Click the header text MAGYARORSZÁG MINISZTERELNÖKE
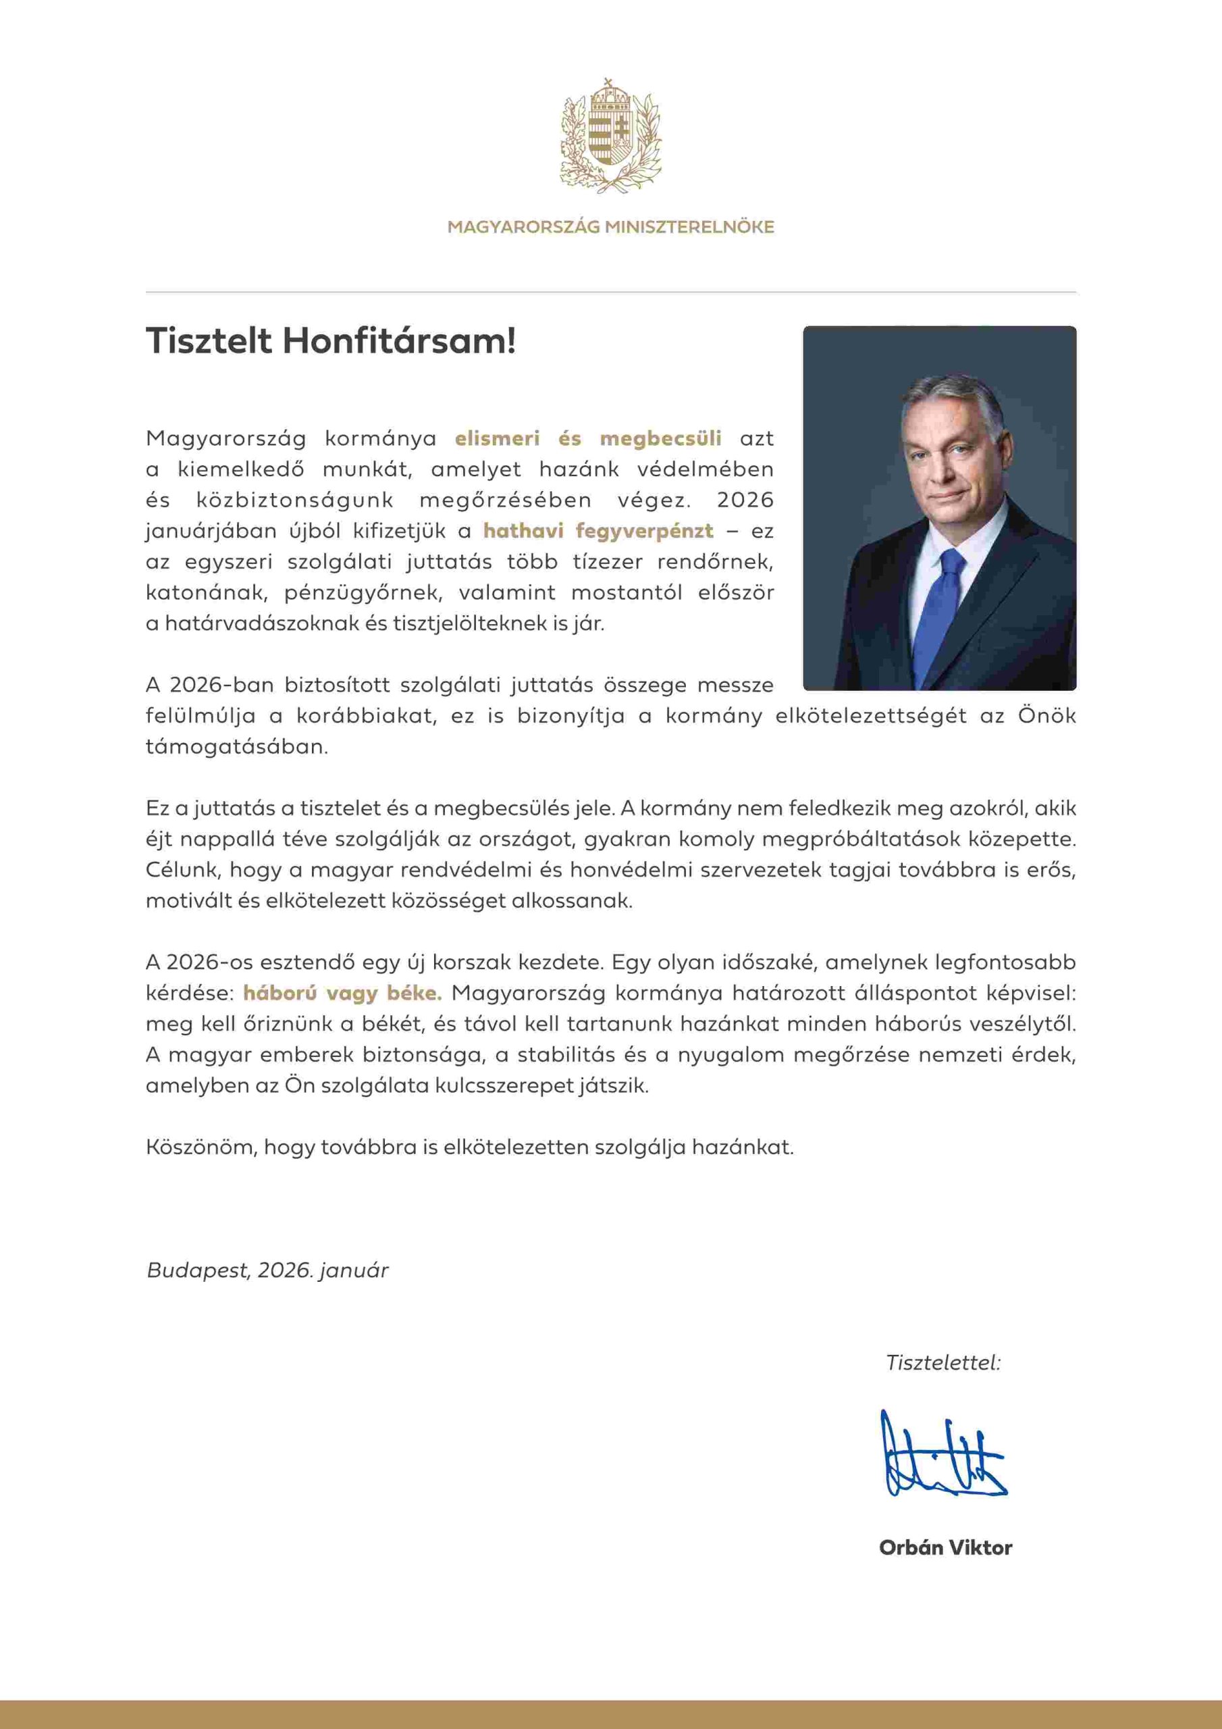pos(610,227)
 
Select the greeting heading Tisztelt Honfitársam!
pos(331,341)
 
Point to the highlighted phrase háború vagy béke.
pos(342,993)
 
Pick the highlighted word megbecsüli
pos(660,438)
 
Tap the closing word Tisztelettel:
pos(942,1362)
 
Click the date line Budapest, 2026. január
pos(267,1270)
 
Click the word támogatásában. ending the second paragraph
pos(236,747)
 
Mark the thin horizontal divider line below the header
pos(610,291)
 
